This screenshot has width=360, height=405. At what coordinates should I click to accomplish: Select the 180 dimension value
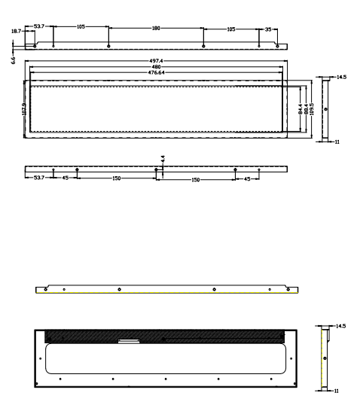point(156,28)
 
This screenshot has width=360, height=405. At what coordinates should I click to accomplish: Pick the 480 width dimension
point(156,67)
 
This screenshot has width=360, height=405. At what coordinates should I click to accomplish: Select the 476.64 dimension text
point(156,72)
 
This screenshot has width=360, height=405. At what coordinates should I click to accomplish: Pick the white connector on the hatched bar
point(129,340)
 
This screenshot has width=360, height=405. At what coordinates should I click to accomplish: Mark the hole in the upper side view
point(325,109)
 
